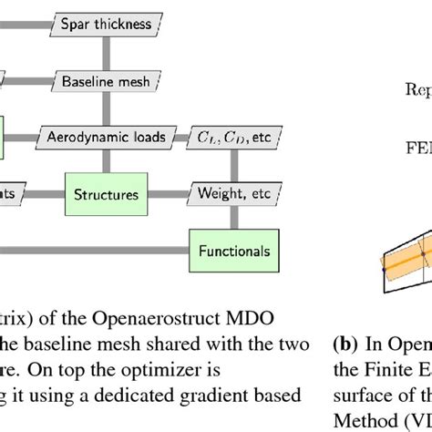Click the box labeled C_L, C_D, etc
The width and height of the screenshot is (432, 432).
[x=231, y=137]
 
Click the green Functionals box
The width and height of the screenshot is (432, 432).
[x=234, y=249]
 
